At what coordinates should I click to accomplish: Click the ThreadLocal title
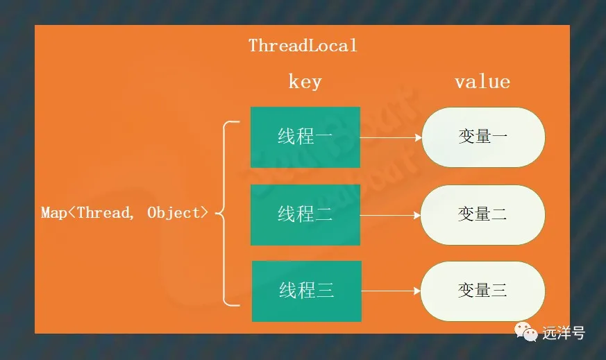click(303, 46)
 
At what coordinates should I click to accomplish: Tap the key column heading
click(305, 82)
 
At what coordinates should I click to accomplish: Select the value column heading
click(482, 82)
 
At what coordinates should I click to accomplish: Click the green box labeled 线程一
click(305, 137)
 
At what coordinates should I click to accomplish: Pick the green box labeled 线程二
click(305, 215)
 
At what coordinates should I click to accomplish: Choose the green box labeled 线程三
click(307, 291)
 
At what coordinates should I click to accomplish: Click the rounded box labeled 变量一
click(483, 137)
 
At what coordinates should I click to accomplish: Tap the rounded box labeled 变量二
click(482, 215)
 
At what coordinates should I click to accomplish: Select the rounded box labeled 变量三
click(482, 291)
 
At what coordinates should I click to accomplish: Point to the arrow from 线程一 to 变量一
click(391, 137)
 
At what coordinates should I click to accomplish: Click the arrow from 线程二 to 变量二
click(390, 215)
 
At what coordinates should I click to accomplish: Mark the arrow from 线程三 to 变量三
click(391, 291)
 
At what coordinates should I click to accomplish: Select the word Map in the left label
click(53, 213)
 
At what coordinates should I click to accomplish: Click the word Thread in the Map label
click(103, 212)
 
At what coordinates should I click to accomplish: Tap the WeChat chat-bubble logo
click(525, 332)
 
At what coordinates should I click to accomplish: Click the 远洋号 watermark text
click(564, 332)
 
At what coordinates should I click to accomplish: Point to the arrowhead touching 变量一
click(418, 137)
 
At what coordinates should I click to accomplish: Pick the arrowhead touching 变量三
click(417, 291)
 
